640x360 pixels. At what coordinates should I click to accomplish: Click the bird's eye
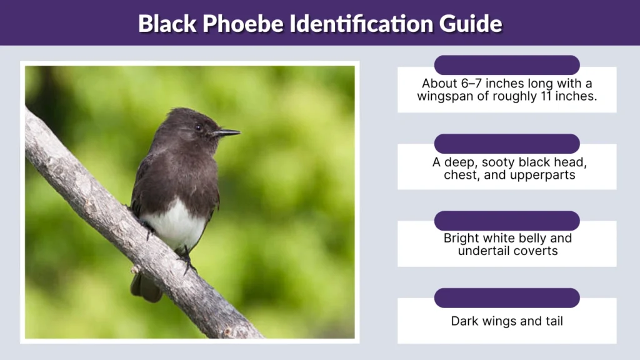[197, 127]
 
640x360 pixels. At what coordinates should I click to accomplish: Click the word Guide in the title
[471, 24]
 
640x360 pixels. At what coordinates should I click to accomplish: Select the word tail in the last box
[551, 321]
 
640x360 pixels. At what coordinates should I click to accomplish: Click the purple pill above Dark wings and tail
[507, 297]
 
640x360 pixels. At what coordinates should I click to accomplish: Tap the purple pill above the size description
[507, 65]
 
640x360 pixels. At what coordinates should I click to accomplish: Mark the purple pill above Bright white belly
[507, 221]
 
